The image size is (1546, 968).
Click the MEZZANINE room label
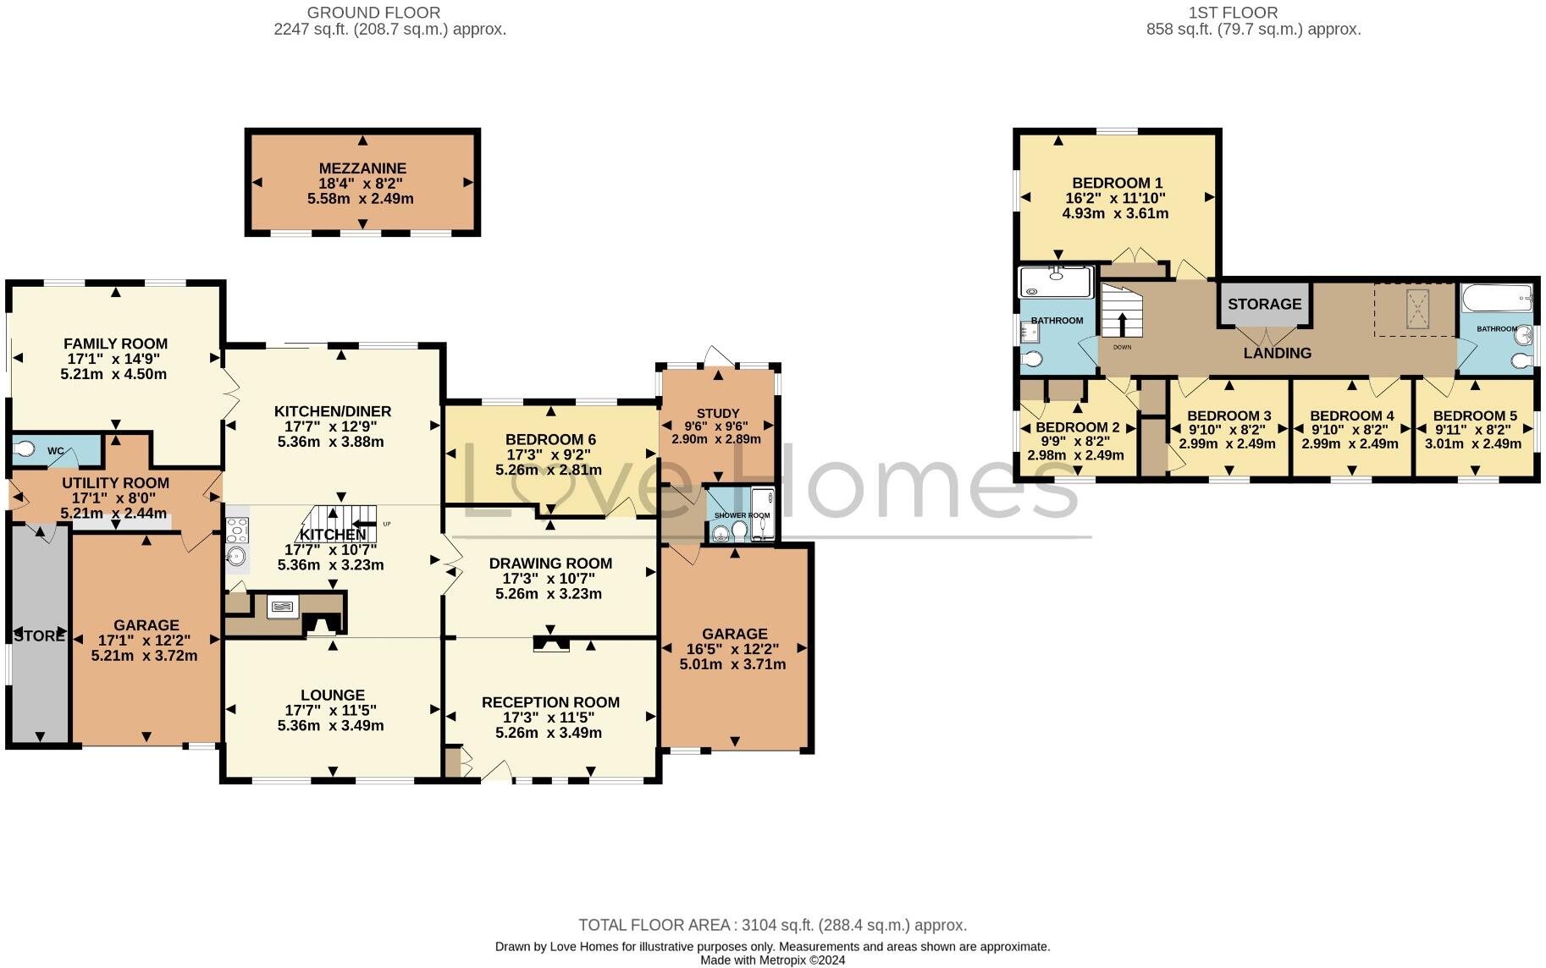coord(362,168)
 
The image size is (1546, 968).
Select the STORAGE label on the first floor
coord(1264,304)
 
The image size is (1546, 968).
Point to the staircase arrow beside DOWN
coord(1123,325)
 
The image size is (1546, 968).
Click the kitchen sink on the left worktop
coord(237,557)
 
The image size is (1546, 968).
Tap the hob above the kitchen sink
coord(237,530)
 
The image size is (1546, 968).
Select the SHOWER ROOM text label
coord(742,515)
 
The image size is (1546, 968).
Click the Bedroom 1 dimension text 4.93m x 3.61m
coord(1115,213)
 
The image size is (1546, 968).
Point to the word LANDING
coord(1277,353)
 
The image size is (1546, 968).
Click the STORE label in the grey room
coord(39,635)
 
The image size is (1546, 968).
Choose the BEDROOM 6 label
coord(550,439)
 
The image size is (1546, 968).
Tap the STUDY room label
coord(718,413)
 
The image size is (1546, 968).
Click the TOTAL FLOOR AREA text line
coord(772,925)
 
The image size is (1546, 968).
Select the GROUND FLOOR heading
coord(373,13)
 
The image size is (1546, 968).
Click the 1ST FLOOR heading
coord(1233,13)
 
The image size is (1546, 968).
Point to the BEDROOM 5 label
coord(1474,415)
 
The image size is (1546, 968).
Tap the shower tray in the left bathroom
coord(1056,282)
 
